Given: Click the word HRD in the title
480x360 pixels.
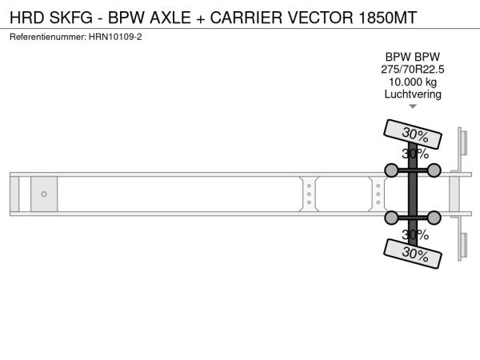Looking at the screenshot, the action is [x=27, y=18].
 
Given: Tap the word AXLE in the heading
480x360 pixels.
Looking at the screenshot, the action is [x=170, y=18].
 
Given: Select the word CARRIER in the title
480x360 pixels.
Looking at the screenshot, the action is [x=246, y=18].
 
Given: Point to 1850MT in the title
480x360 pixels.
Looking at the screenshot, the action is [x=387, y=18].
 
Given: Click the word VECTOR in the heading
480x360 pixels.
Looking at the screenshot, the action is [x=321, y=18].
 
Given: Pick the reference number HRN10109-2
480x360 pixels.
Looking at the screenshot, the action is [x=115, y=37].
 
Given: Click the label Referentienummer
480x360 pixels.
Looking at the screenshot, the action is [x=48, y=37].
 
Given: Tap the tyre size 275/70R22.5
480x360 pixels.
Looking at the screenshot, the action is [x=412, y=70].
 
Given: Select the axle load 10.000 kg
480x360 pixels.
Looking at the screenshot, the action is [x=412, y=82].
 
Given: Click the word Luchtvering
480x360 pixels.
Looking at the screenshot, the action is [x=413, y=94].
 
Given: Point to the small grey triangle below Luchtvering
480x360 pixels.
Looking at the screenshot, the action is [x=413, y=106].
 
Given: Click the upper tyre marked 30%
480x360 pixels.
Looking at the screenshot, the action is [x=413, y=134].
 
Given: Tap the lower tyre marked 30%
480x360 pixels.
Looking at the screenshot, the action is [x=413, y=254].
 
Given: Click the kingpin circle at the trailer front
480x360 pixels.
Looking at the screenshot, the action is [x=44, y=194].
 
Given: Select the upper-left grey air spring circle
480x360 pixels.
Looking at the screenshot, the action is [x=391, y=170].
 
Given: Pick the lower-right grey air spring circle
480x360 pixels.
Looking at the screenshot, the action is [x=434, y=218].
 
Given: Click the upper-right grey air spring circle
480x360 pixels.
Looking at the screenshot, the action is [x=434, y=170].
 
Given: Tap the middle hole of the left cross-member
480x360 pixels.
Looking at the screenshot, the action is [x=309, y=194].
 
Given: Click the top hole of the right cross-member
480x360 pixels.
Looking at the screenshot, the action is [x=378, y=186].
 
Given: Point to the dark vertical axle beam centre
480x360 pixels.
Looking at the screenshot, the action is [x=413, y=194].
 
